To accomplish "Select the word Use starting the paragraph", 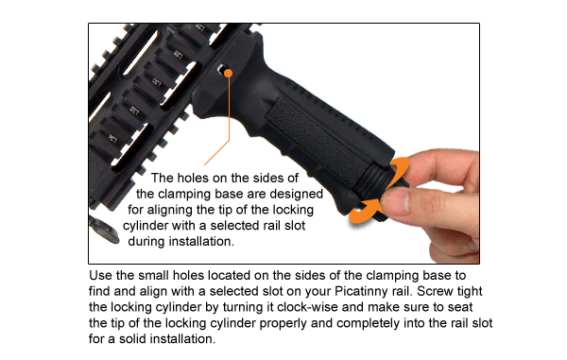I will point(101,278).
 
